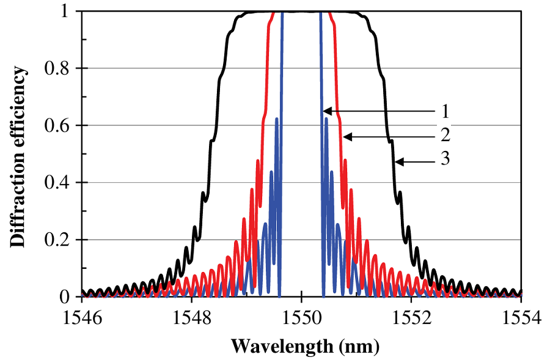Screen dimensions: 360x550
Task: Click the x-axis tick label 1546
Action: (81, 320)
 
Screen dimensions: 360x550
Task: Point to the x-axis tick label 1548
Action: (191, 320)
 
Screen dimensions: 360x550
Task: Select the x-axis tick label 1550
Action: (301, 320)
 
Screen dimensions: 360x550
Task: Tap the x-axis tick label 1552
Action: (411, 320)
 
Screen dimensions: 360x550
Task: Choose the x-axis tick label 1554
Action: (521, 320)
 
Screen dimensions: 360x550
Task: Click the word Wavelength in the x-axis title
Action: (283, 347)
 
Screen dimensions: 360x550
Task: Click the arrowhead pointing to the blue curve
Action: (326, 111)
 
